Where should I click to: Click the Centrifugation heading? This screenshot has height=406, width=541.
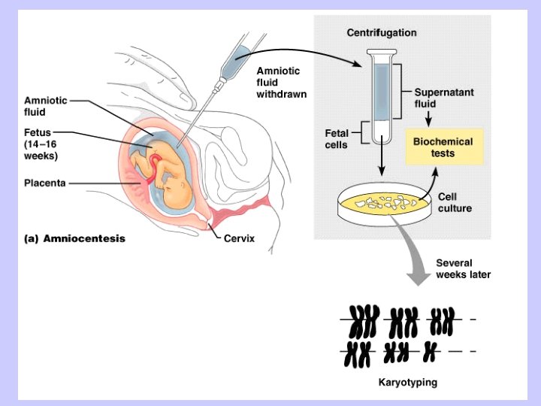[381, 33]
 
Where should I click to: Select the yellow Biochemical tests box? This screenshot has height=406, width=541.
[443, 147]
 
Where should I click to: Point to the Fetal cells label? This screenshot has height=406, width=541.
[336, 138]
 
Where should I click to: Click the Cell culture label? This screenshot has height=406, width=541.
[455, 202]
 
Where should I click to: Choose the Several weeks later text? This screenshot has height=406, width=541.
[463, 268]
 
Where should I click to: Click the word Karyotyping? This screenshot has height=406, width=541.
[407, 383]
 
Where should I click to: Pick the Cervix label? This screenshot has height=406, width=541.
[239, 238]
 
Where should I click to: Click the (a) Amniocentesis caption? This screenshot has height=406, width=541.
[74, 239]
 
